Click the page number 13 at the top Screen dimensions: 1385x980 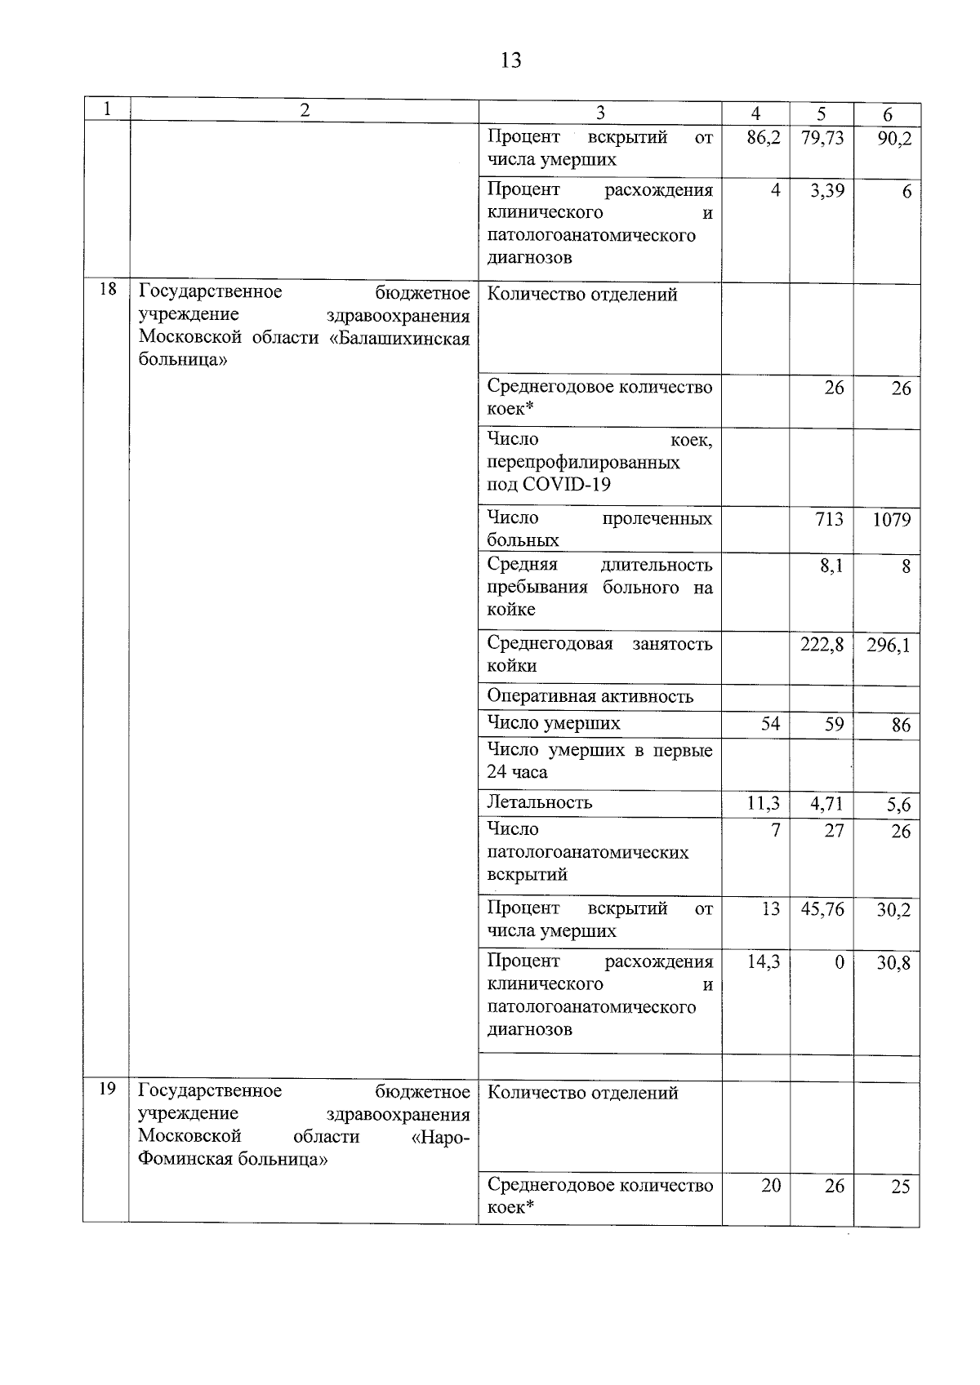click(510, 60)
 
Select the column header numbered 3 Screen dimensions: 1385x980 click(600, 113)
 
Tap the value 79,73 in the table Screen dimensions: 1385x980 click(822, 137)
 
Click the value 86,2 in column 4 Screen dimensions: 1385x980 click(764, 137)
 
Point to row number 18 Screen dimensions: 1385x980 click(107, 290)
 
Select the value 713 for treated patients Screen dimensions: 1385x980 click(829, 519)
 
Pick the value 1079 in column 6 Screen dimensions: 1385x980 click(891, 520)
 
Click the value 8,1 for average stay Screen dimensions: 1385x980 click(831, 566)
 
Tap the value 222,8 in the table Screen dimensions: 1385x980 click(822, 645)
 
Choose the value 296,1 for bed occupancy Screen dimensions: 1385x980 click(889, 646)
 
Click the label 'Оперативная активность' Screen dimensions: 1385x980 click(590, 696)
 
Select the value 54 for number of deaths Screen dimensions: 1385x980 click(770, 723)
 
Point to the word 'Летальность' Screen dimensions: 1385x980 click(539, 802)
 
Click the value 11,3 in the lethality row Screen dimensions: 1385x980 click(764, 804)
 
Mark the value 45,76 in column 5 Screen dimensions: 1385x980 click(822, 909)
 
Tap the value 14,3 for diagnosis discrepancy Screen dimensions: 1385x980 click(764, 962)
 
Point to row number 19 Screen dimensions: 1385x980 click(107, 1089)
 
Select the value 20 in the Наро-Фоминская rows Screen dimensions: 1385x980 click(771, 1186)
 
